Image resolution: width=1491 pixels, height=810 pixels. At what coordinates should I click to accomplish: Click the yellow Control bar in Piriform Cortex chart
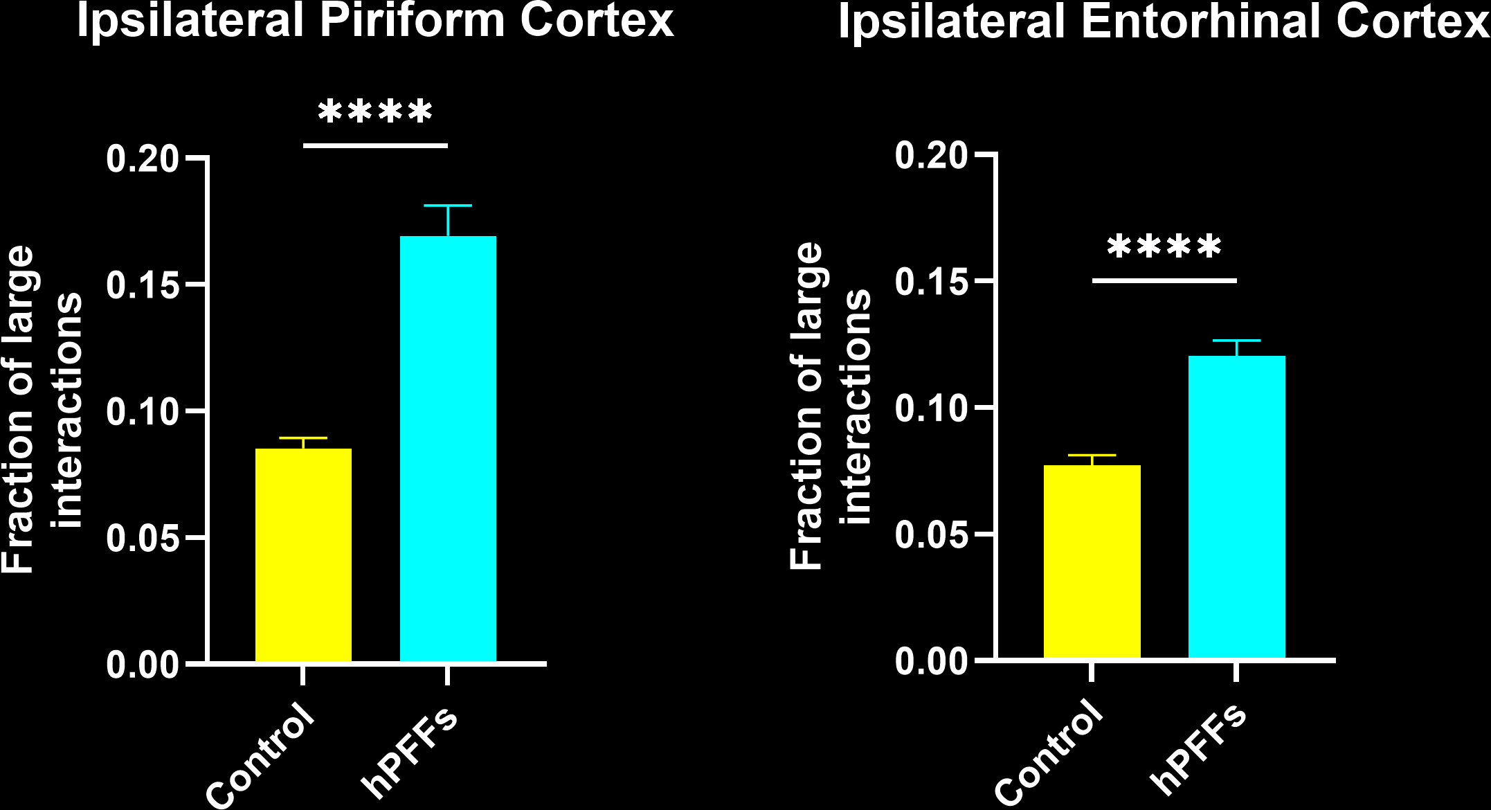click(x=303, y=554)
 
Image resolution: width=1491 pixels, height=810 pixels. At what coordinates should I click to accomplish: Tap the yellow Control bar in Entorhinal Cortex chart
click(x=1092, y=561)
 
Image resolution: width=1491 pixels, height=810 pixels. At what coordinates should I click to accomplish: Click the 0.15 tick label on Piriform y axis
click(x=142, y=285)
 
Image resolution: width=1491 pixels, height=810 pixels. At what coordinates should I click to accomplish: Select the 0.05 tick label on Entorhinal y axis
click(x=930, y=535)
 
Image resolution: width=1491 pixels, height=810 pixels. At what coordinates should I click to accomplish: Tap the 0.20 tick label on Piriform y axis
click(x=142, y=159)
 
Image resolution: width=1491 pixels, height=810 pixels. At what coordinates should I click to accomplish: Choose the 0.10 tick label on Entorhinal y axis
click(x=930, y=408)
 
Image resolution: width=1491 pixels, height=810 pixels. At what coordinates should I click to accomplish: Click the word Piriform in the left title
click(x=413, y=21)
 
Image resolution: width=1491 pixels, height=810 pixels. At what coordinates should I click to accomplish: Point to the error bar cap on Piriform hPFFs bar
click(x=448, y=206)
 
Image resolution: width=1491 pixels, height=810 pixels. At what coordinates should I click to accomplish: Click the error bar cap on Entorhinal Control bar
click(x=1092, y=456)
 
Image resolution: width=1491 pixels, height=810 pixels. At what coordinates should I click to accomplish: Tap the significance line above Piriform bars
click(x=375, y=145)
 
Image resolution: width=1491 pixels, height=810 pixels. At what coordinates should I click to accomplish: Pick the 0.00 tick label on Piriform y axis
click(x=142, y=665)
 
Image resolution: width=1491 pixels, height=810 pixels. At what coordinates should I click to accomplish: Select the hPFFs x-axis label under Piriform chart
click(x=410, y=753)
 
